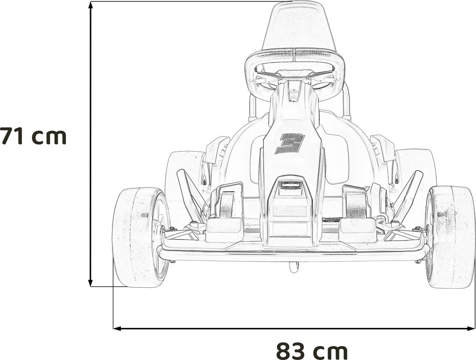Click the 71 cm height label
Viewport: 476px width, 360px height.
click(33, 136)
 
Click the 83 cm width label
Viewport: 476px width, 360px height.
click(312, 351)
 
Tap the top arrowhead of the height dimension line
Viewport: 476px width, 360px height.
click(90, 5)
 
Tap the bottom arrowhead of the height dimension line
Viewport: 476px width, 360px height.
click(90, 283)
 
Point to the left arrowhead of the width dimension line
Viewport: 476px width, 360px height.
click(117, 328)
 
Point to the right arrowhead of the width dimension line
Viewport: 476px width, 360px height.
click(471, 328)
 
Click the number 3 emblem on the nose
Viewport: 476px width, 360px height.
click(290, 143)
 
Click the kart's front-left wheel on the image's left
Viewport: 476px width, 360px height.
click(140, 237)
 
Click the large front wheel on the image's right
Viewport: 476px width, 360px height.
click(450, 237)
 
